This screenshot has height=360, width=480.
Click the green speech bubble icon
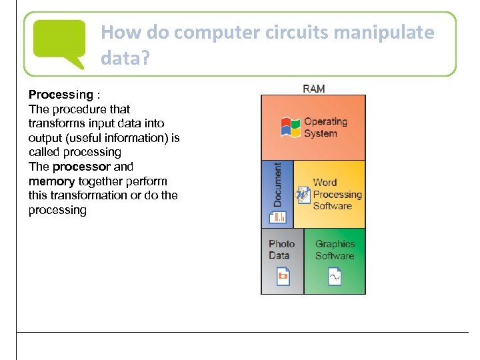[x=59, y=43]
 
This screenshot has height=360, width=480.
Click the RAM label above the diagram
[x=313, y=89]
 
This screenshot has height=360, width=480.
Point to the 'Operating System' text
[x=325, y=127]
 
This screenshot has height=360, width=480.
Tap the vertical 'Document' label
[x=277, y=185]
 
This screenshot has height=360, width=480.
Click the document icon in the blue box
[x=277, y=216]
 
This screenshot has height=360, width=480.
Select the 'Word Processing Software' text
[x=337, y=194]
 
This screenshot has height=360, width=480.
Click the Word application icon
[x=303, y=195]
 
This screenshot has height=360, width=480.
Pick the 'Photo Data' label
[x=281, y=249]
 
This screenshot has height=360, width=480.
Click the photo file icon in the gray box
[x=283, y=276]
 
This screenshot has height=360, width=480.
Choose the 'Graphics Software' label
[x=335, y=250]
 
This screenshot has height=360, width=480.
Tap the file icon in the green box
[x=335, y=276]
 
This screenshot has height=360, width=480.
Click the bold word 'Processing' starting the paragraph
[x=61, y=95]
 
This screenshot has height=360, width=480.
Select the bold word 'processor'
[x=81, y=167]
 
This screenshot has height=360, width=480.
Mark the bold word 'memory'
[x=51, y=181]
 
